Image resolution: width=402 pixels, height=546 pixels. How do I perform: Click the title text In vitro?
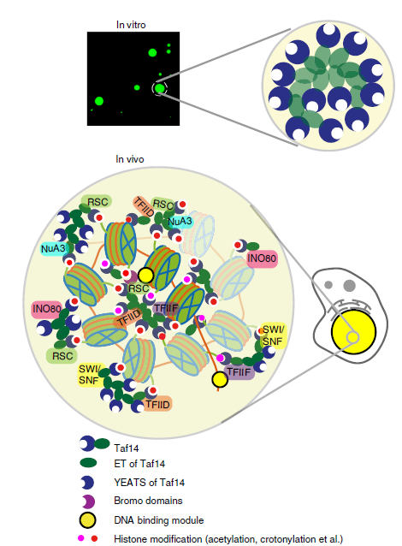point(131,25)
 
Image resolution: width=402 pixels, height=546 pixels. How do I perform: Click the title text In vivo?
point(130,159)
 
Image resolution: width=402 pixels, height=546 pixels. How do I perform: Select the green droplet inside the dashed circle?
point(160,88)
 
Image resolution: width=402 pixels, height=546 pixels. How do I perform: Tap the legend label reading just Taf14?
point(127,448)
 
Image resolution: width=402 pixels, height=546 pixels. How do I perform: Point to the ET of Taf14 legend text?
point(139,464)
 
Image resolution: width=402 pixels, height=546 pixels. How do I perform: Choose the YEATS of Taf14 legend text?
point(150,483)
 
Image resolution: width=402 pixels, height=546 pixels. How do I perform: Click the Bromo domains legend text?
point(148,501)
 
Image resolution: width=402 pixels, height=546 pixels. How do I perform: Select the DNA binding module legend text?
point(159,520)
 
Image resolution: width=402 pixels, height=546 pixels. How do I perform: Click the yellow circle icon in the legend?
point(87,520)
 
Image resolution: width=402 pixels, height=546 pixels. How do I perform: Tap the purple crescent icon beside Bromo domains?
point(89,501)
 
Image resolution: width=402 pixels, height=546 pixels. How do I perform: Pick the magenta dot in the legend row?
point(81,538)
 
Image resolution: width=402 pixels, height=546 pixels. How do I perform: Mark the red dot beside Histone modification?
point(94,538)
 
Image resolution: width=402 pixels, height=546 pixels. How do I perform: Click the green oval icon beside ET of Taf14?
point(88,463)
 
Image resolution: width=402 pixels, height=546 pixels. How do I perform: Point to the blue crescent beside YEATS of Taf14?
point(88,483)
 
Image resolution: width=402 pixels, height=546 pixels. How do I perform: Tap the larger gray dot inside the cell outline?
point(349,286)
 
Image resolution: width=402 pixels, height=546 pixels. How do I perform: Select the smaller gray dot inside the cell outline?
point(328,285)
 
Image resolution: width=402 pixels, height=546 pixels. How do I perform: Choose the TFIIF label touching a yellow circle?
point(239,372)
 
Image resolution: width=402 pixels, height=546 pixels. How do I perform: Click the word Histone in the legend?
point(129,539)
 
